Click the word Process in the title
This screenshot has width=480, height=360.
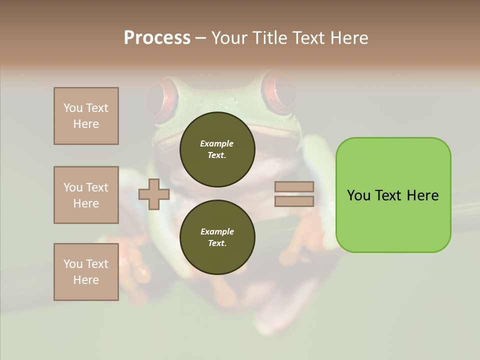click(157, 38)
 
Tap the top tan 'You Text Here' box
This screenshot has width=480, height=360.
click(86, 116)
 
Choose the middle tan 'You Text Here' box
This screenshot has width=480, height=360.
click(86, 195)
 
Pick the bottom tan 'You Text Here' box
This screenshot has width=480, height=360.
click(86, 272)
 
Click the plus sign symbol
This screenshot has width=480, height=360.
click(153, 194)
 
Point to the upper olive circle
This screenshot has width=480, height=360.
click(217, 149)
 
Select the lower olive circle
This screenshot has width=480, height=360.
click(217, 237)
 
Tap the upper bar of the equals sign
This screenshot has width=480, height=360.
click(294, 186)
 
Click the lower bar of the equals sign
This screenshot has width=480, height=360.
click(294, 201)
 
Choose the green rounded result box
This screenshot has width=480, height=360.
click(393, 195)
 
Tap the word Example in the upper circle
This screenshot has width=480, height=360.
click(216, 143)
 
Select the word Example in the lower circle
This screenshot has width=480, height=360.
click(216, 231)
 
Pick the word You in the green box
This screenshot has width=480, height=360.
click(358, 195)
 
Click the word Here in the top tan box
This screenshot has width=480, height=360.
click(86, 124)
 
